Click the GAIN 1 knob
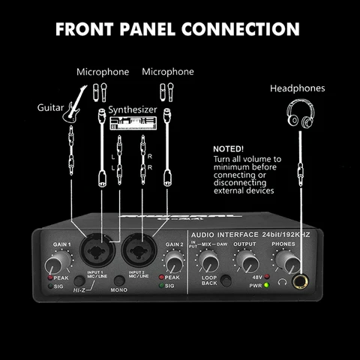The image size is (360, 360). click(x=55, y=265)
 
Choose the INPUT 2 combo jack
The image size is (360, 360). click(x=139, y=248)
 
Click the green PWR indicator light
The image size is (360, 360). click(x=265, y=286)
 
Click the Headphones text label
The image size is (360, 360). click(x=298, y=88)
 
